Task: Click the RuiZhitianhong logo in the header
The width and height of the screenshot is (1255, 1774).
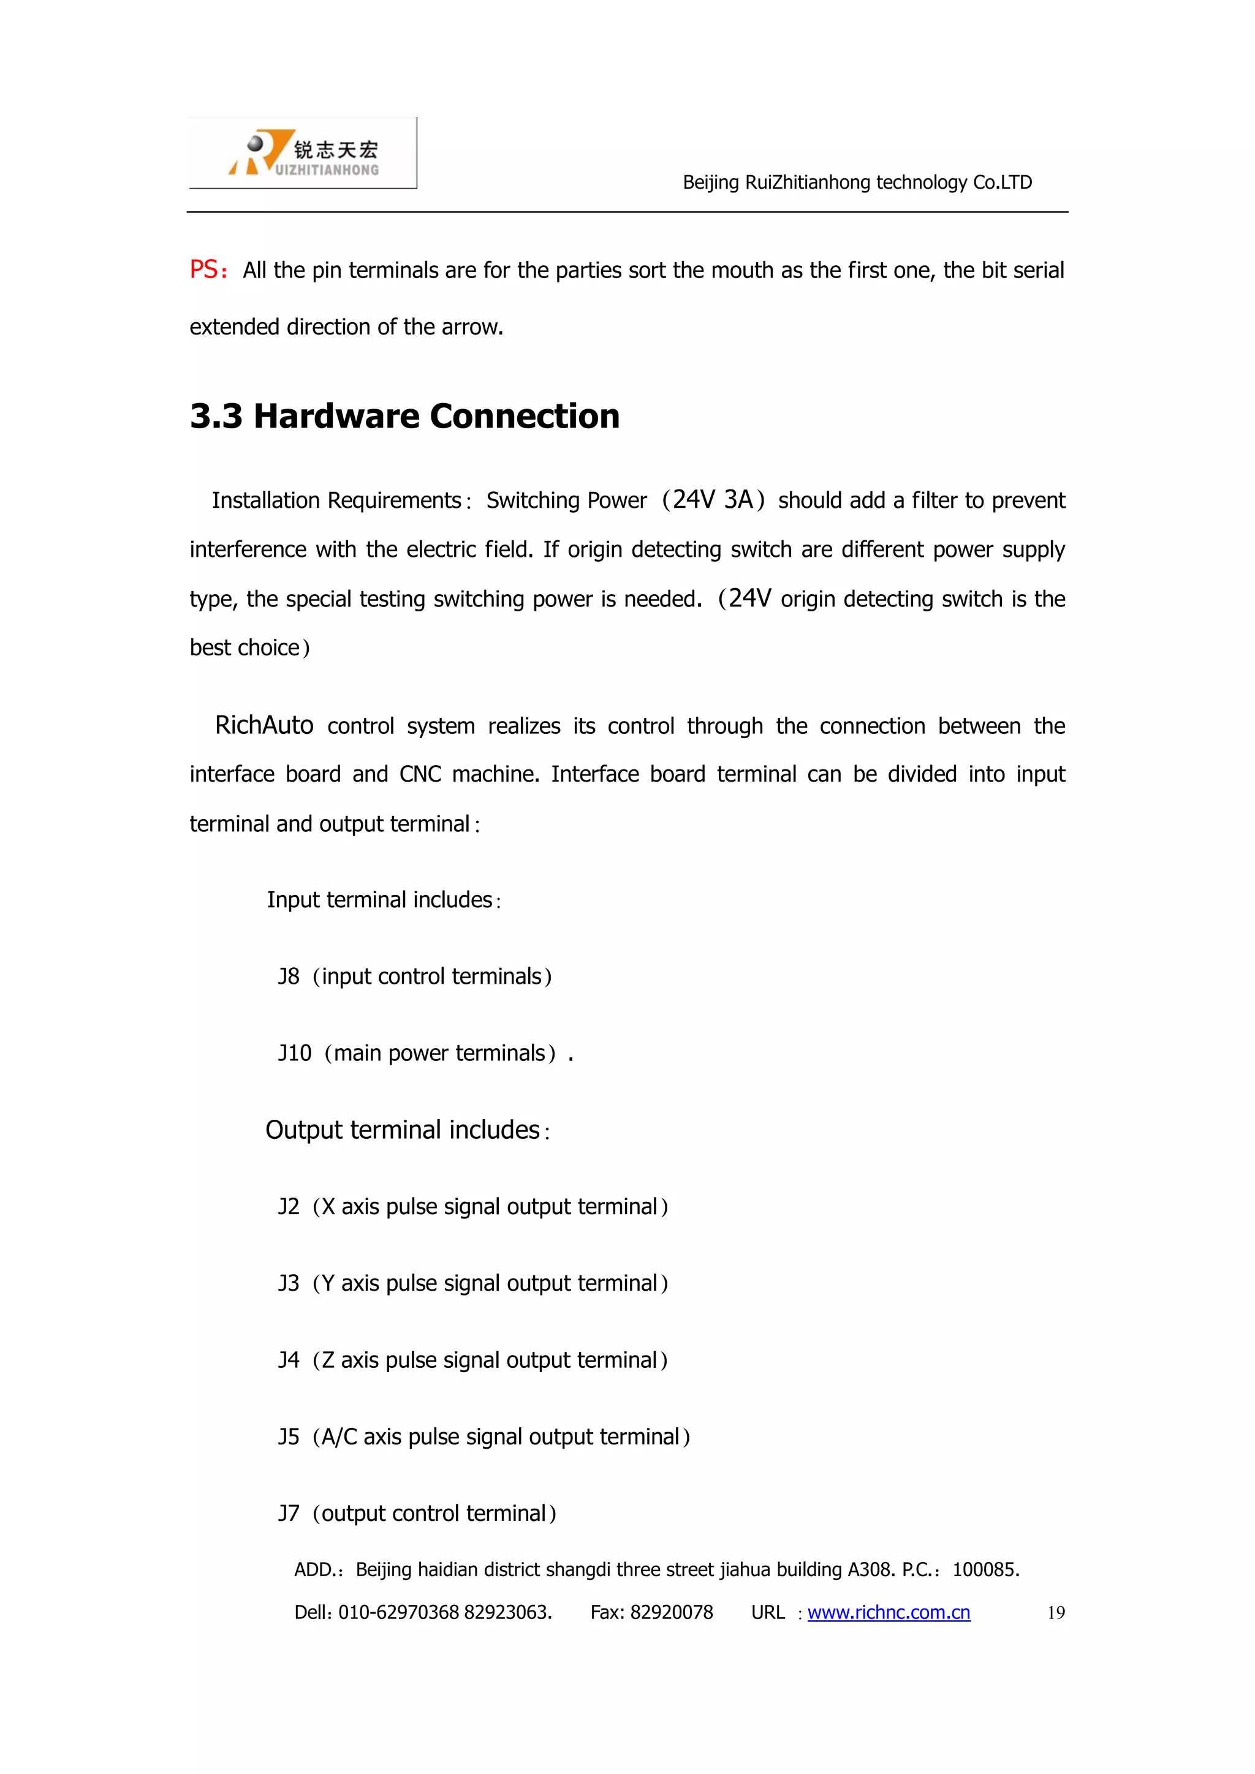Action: point(303,153)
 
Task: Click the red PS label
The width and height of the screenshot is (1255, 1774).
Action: point(205,270)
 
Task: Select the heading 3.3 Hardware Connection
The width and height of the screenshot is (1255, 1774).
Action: point(404,417)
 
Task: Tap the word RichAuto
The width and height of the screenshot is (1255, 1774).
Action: point(264,725)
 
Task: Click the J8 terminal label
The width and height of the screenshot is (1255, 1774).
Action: point(288,976)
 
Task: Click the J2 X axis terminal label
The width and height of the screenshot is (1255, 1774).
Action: point(288,1207)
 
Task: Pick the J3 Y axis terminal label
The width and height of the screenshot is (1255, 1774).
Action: point(288,1283)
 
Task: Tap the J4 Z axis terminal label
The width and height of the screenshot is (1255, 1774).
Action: point(288,1360)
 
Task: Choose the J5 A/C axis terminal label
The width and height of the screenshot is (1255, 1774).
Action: point(288,1437)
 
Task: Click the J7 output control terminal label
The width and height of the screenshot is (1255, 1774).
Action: point(288,1514)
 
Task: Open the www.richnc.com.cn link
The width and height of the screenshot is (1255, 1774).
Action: point(888,1612)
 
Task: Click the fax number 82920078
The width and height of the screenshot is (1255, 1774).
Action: point(671,1612)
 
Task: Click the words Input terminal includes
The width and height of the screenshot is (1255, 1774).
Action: point(379,900)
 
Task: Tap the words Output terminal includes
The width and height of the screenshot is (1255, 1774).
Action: point(403,1130)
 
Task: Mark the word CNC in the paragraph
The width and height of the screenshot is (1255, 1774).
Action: point(420,774)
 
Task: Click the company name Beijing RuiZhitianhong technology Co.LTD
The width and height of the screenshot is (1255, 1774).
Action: point(857,183)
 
